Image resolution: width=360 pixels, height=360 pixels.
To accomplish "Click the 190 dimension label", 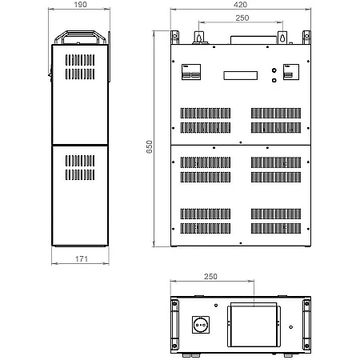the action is (x=80, y=5).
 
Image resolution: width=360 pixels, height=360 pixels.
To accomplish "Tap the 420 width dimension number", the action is (x=240, y=5).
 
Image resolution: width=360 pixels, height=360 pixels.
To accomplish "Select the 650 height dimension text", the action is (x=150, y=146).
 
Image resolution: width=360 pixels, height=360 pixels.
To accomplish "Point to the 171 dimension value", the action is (x=82, y=258).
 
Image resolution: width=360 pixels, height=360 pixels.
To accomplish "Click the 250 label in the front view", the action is (x=242, y=18).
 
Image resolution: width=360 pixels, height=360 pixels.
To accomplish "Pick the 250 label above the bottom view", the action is (x=210, y=276).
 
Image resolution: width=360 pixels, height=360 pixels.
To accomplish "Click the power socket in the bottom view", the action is (x=201, y=325).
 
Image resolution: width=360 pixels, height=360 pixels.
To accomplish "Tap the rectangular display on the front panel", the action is (x=241, y=75).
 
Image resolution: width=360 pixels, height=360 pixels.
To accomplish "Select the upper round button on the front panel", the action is (x=274, y=70).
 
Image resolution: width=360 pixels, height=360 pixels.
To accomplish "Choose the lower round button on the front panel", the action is (x=274, y=80).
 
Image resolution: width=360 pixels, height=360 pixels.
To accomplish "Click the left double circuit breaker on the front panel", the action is (x=191, y=72).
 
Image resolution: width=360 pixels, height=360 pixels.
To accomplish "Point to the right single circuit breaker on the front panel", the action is (x=291, y=72).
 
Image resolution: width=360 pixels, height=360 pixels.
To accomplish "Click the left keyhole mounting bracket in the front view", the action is (x=198, y=38).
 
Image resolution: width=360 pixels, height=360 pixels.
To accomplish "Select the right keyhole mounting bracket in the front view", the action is (x=282, y=38).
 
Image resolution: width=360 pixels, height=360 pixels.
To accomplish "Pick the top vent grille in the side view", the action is (x=80, y=67).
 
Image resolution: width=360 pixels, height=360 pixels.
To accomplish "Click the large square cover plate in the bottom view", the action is (x=254, y=325).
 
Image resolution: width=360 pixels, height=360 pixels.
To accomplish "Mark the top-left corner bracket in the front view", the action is (x=174, y=38).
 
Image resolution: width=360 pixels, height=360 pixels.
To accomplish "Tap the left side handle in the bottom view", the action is (x=174, y=325).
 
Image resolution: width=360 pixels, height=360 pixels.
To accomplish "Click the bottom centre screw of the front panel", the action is (x=241, y=243).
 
